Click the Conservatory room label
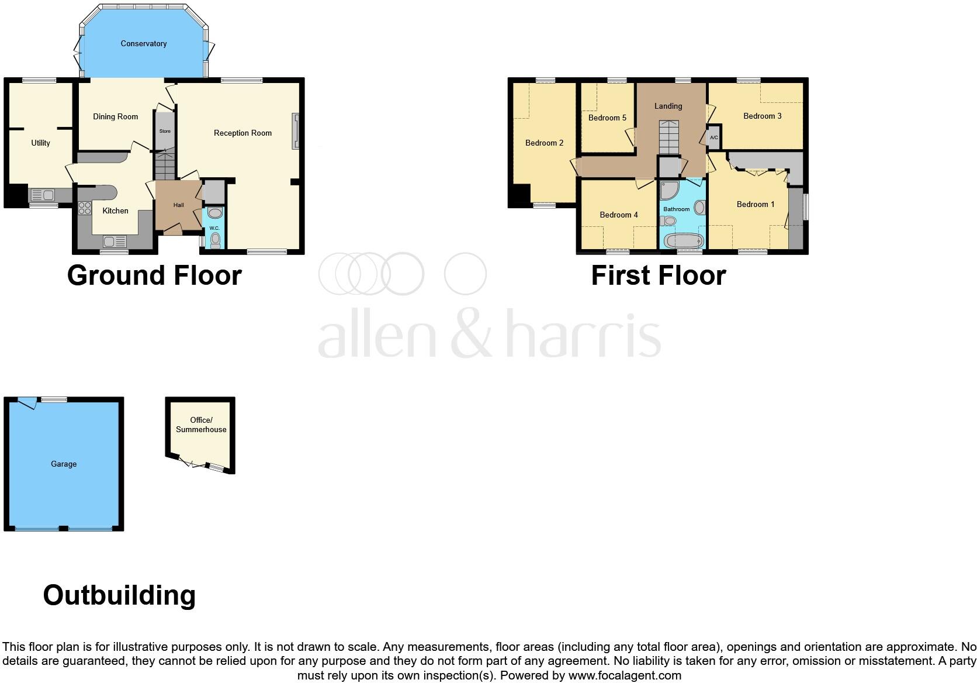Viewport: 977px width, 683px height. pos(144,43)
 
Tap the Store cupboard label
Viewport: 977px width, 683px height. pos(165,131)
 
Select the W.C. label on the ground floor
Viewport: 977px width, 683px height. pos(214,228)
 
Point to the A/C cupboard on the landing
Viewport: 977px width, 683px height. pos(714,137)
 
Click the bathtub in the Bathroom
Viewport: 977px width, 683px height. pos(682,240)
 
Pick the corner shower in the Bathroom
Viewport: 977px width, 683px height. pos(668,191)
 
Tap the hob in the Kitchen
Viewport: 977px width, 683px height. pos(84,209)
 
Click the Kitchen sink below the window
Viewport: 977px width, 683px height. pos(114,241)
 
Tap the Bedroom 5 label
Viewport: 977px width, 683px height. pos(607,118)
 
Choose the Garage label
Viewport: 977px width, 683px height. pos(64,464)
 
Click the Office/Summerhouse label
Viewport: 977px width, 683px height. pos(201,425)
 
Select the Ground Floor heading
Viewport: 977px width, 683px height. pos(154,275)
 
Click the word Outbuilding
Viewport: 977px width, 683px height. pos(119,595)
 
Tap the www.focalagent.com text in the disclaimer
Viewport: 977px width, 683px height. pos(625,675)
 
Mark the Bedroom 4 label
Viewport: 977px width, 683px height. pos(619,215)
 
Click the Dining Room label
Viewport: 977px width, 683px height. pos(116,116)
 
